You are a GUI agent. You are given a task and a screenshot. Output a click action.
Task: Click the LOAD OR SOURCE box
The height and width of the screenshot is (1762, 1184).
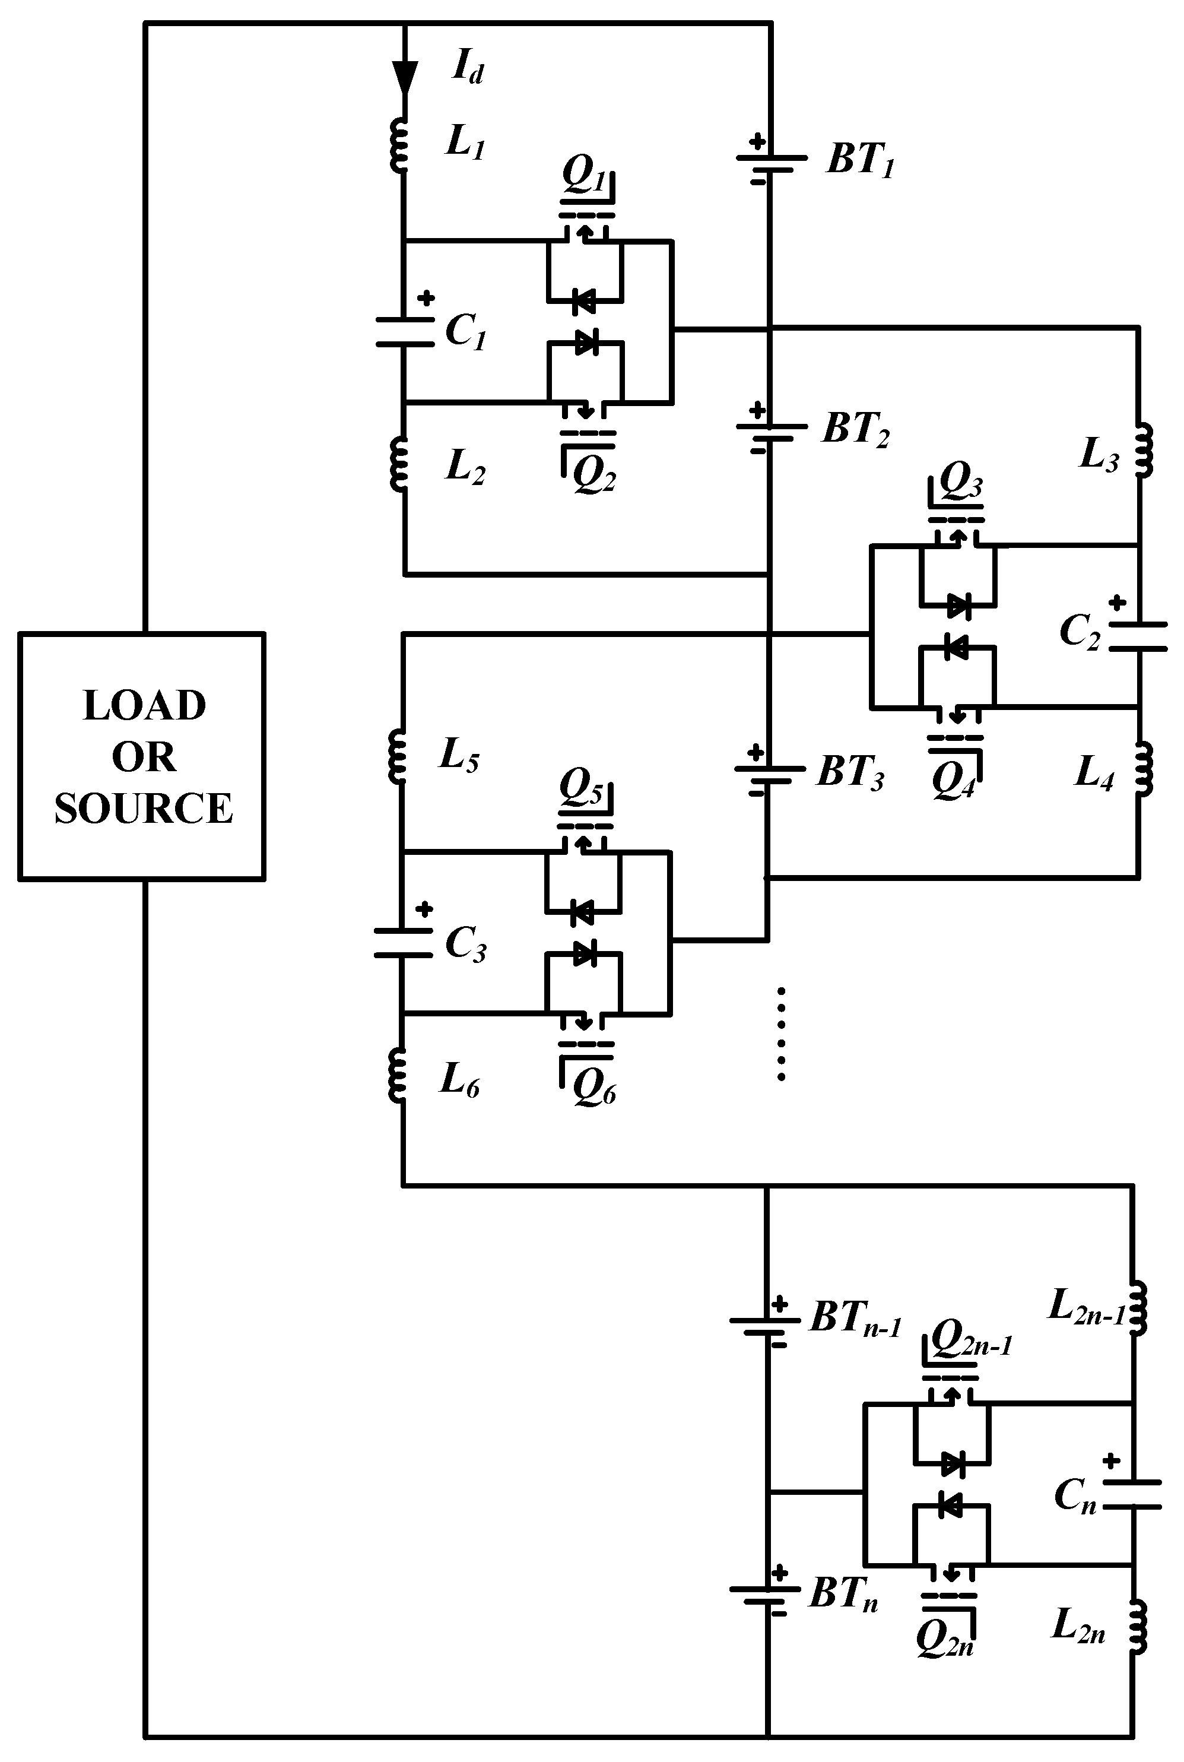pyautogui.click(x=141, y=756)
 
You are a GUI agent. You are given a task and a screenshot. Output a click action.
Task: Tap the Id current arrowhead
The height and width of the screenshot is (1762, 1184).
pyautogui.click(x=405, y=76)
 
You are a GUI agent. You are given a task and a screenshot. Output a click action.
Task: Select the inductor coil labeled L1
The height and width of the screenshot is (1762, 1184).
pyautogui.click(x=399, y=145)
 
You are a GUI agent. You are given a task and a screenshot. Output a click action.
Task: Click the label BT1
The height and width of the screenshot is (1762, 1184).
pyautogui.click(x=860, y=160)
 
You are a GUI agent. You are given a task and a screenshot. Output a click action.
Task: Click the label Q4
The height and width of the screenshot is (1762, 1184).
pyautogui.click(x=953, y=782)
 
